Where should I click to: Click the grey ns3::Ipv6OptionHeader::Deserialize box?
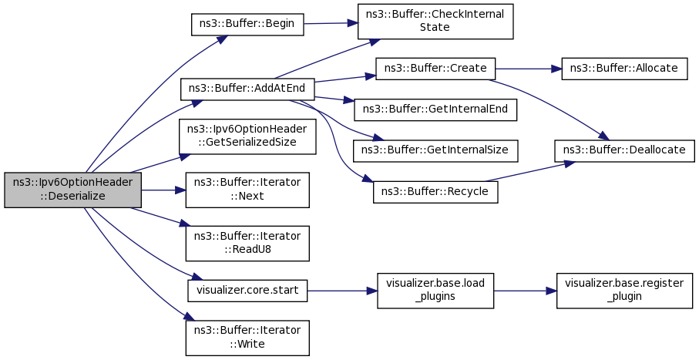tap(73, 190)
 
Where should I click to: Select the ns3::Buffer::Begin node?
tap(247, 24)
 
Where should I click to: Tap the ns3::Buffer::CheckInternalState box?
tap(435, 22)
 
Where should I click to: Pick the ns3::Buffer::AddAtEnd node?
tap(247, 89)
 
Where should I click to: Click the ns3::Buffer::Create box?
tap(435, 69)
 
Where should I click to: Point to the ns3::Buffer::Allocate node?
tap(624, 69)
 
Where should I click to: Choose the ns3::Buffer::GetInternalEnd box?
tap(435, 109)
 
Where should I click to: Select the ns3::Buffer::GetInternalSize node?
tap(435, 151)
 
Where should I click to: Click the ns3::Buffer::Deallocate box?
tap(624, 151)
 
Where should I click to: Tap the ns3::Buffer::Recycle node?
tap(435, 192)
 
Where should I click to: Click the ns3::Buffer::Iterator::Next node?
tap(247, 190)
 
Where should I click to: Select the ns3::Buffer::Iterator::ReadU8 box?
tap(247, 244)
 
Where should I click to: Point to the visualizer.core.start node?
tap(247, 291)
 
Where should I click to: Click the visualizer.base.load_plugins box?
tap(435, 291)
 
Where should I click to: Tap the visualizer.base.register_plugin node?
tap(624, 291)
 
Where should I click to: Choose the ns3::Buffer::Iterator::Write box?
tap(247, 338)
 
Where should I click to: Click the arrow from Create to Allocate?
tap(528, 69)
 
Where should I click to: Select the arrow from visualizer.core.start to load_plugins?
tap(342, 291)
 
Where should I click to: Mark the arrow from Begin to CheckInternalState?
tap(331, 23)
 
